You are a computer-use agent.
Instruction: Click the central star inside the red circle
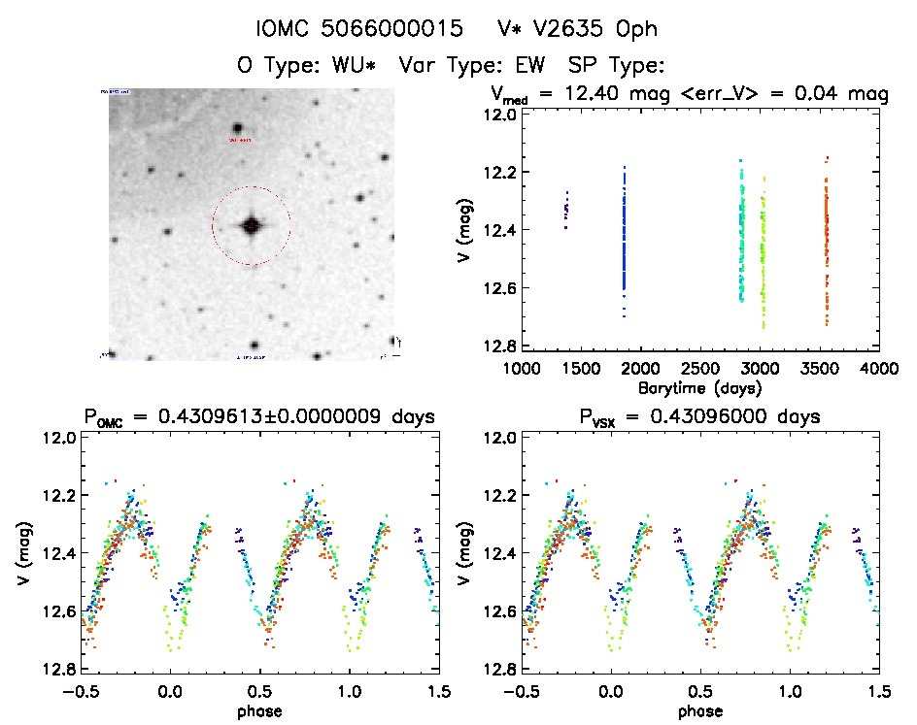pos(251,225)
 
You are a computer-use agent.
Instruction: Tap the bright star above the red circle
pos(237,128)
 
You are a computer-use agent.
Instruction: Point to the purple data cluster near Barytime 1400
pos(566,209)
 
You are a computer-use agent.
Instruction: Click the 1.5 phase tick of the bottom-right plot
pos(879,691)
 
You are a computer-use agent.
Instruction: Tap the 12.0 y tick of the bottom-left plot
pos(58,438)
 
